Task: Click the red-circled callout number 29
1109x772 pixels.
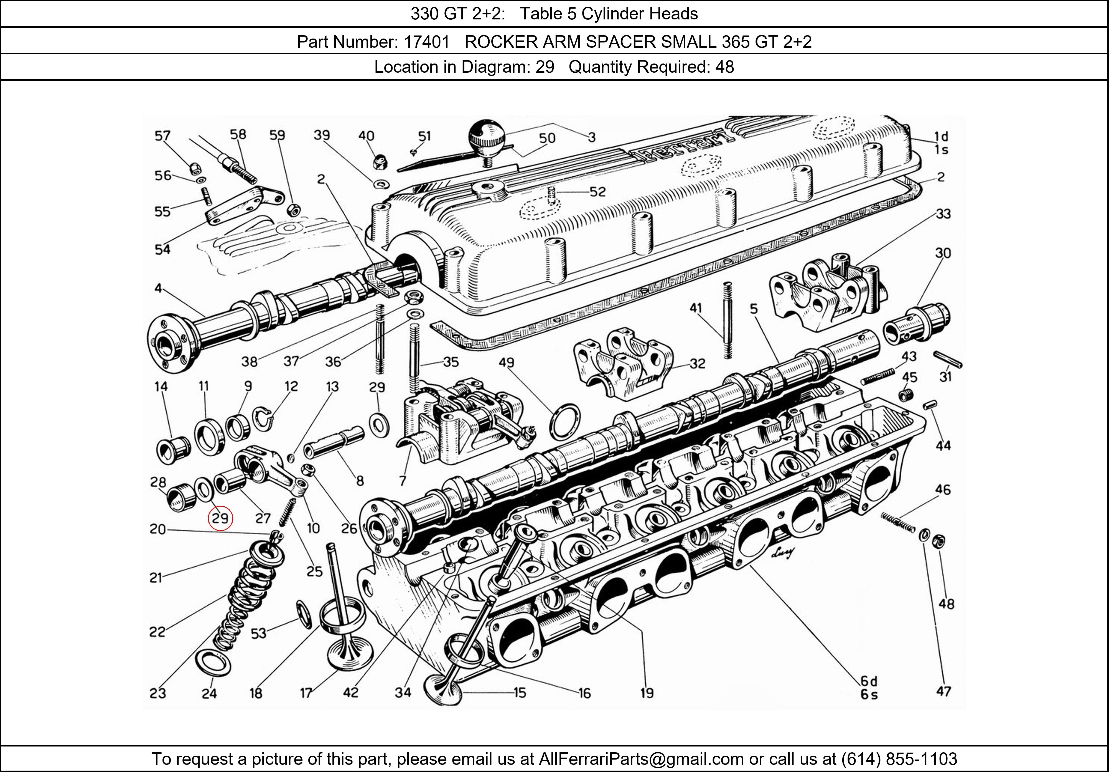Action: [x=220, y=518]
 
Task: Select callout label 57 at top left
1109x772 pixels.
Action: [x=163, y=136]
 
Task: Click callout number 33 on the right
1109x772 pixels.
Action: [x=943, y=214]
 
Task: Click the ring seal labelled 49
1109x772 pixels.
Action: [x=565, y=422]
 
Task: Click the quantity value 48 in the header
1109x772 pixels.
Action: [x=724, y=67]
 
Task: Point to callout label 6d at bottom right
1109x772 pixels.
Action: [x=868, y=681]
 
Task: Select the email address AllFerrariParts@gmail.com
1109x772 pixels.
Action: [x=641, y=759]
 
